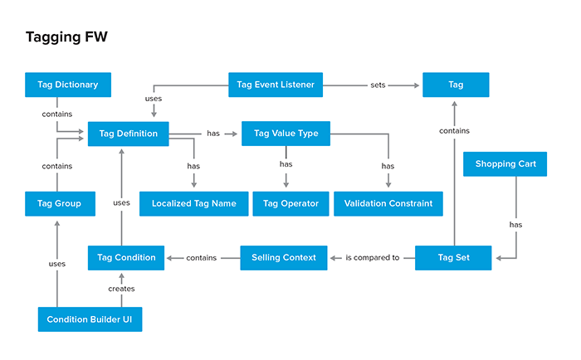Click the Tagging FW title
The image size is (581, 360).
pos(66,37)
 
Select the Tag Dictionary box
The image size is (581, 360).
pos(67,85)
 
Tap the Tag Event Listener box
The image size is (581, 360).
pos(276,85)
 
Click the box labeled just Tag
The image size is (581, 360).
pos(456,85)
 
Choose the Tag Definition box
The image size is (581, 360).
pos(128,133)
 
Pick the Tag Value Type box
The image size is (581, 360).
pos(286,133)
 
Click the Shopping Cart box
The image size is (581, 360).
pos(505,164)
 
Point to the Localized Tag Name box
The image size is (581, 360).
pos(193,203)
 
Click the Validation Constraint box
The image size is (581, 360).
pos(388,203)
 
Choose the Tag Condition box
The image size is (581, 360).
pos(126,257)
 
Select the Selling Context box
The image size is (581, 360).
pos(284,257)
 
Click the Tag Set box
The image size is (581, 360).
pos(454,257)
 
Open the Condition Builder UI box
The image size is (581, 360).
pos(90,319)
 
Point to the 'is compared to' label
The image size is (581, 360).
pos(372,258)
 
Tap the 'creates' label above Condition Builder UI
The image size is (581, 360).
pos(122,289)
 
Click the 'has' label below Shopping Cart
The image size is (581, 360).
pos(516,224)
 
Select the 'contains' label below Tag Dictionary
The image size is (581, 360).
pos(57,114)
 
